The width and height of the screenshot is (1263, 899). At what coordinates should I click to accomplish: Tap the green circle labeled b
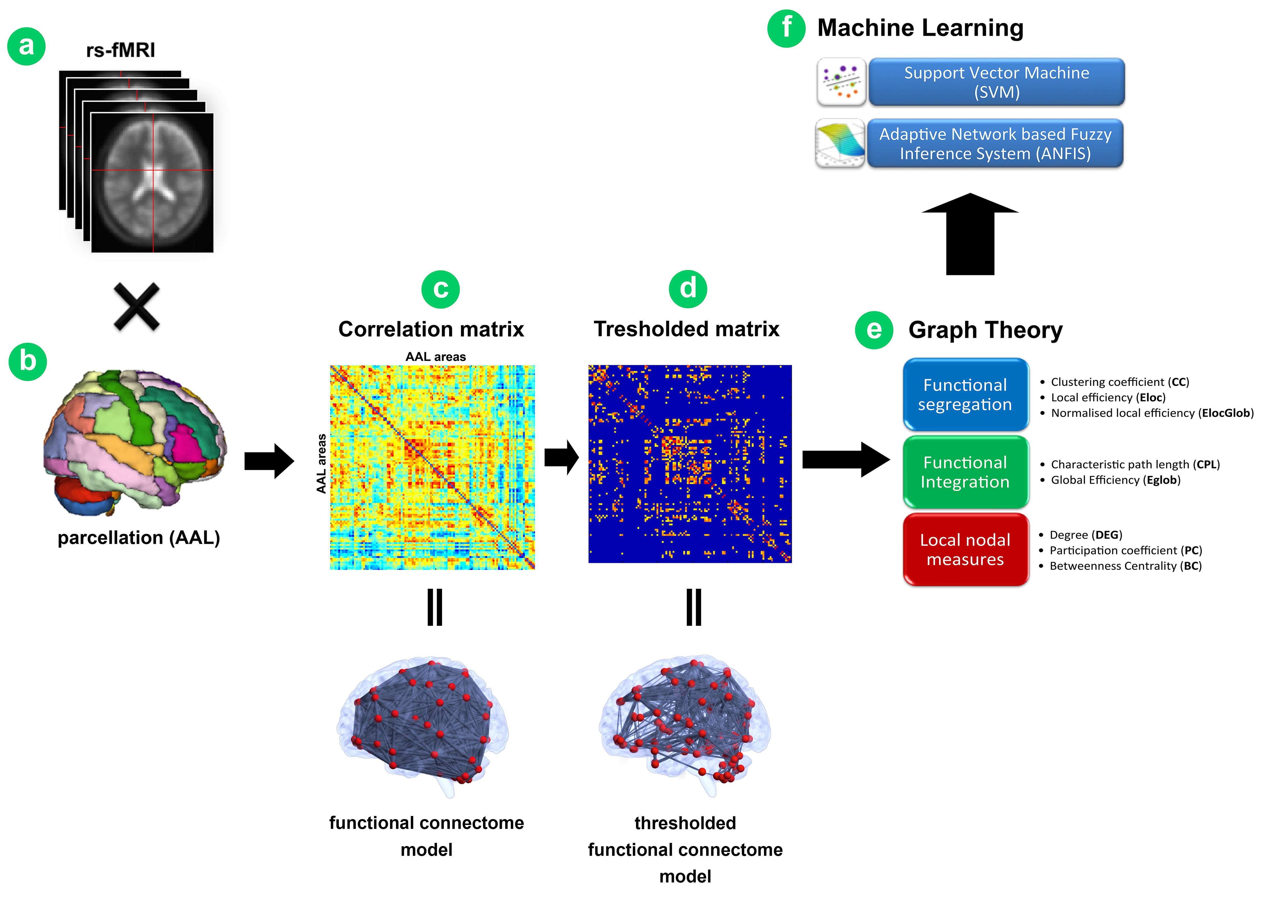tap(28, 362)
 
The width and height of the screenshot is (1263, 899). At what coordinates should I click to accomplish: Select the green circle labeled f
tap(786, 28)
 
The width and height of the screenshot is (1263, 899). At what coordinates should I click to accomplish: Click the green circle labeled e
tap(873, 330)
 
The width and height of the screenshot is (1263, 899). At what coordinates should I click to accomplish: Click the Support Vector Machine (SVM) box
tap(996, 82)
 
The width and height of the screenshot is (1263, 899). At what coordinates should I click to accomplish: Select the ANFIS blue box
tap(995, 143)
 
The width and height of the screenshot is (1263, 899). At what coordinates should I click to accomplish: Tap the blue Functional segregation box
tap(965, 395)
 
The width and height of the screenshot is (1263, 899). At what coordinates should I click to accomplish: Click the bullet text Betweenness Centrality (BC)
tap(1125, 566)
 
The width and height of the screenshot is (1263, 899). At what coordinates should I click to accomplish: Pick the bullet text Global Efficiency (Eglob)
tap(1115, 480)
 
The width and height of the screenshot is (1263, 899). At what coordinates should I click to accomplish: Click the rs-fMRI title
tap(121, 50)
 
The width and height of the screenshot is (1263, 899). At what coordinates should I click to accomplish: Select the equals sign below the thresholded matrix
tap(694, 607)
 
